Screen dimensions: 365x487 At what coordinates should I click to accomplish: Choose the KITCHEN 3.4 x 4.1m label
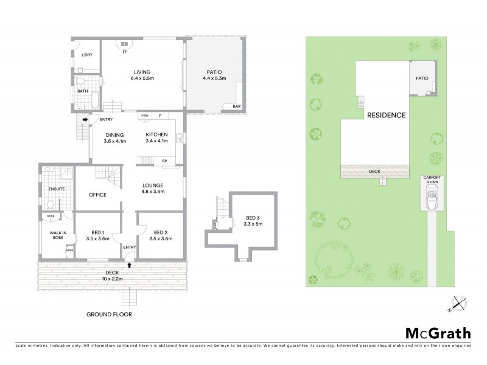tap(156, 137)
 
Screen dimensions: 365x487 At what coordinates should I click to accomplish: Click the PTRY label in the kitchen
tap(144, 116)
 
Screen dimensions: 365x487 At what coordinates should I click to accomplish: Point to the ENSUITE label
tap(56, 189)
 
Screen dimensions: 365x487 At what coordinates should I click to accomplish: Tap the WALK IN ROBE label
tap(57, 234)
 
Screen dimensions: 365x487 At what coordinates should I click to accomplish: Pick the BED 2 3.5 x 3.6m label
tap(160, 235)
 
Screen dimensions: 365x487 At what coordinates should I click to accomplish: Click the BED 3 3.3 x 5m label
tap(254, 221)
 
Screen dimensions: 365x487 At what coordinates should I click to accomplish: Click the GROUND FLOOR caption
tap(109, 315)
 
